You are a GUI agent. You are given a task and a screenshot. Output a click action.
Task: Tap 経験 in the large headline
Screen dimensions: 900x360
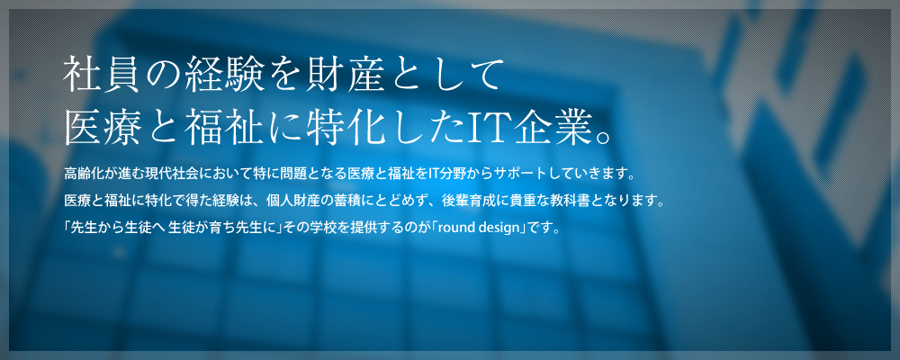(x=220, y=74)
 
